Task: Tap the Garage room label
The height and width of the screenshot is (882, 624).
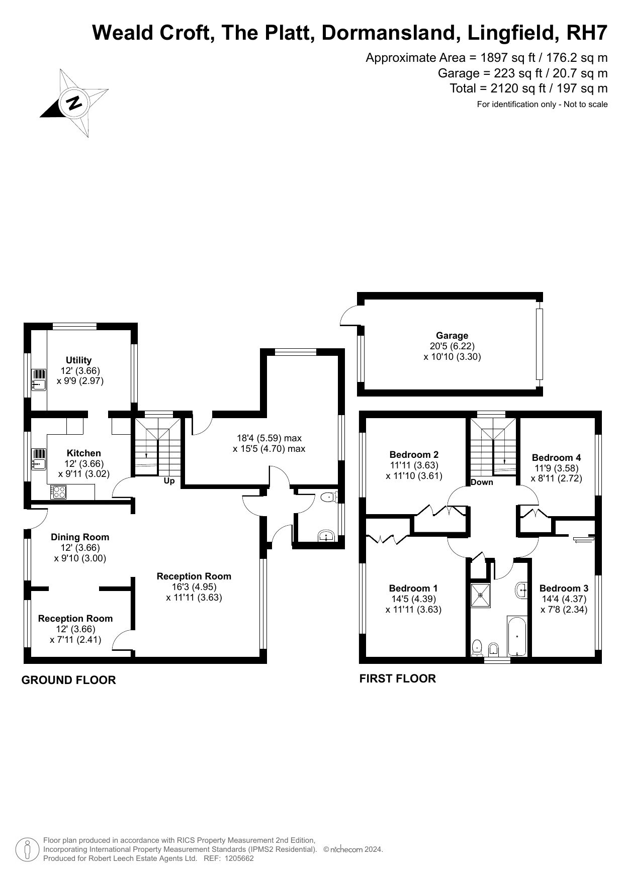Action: pyautogui.click(x=452, y=335)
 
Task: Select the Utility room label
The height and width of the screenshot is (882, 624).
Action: pyautogui.click(x=79, y=360)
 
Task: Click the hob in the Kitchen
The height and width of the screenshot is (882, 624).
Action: pyautogui.click(x=58, y=492)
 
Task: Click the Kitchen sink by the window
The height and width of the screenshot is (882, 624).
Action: pyautogui.click(x=39, y=458)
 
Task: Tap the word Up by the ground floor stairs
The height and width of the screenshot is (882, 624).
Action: pyautogui.click(x=169, y=481)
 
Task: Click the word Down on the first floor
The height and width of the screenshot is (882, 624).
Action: pyautogui.click(x=482, y=482)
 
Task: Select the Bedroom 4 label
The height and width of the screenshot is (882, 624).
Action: pyautogui.click(x=556, y=457)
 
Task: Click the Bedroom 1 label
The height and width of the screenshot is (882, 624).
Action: pyautogui.click(x=413, y=588)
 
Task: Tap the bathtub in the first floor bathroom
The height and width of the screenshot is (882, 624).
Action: pyautogui.click(x=516, y=635)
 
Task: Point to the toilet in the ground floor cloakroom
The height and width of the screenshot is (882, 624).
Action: pyautogui.click(x=329, y=497)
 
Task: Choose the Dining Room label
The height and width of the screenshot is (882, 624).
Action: pyautogui.click(x=80, y=537)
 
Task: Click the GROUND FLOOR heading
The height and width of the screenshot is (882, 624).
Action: pyautogui.click(x=68, y=680)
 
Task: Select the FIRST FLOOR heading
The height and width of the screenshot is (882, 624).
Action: pyautogui.click(x=397, y=678)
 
